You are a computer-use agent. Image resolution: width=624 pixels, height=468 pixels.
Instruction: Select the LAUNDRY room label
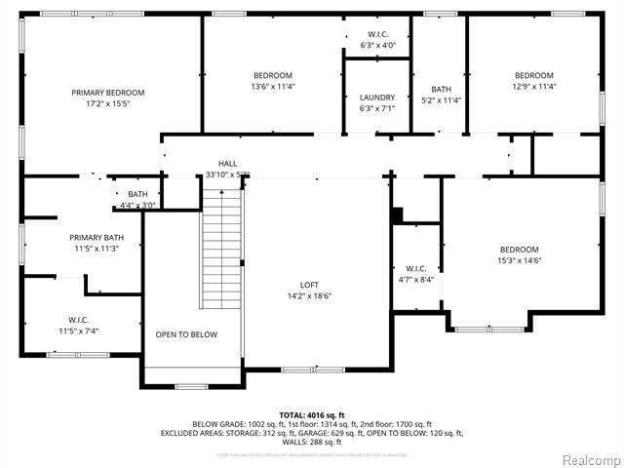[x=377, y=97]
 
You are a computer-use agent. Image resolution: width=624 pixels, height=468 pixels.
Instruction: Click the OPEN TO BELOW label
[x=186, y=334]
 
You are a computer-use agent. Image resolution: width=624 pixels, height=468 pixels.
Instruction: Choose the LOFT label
[x=310, y=285]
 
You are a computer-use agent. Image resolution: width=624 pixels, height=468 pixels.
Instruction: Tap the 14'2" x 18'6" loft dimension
[x=310, y=296]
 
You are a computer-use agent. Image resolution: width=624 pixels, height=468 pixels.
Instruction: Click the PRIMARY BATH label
[x=97, y=238]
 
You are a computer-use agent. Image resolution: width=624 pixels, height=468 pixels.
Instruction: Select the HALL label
[x=227, y=164]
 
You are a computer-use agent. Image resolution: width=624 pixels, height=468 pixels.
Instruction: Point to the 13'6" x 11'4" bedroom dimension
[x=273, y=86]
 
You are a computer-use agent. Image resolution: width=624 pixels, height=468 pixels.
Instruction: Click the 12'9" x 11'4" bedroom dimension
[x=534, y=86]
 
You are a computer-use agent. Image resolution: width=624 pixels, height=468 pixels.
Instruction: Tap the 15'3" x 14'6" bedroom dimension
[x=520, y=259]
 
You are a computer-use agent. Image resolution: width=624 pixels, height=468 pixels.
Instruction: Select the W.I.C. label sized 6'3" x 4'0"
[x=377, y=34]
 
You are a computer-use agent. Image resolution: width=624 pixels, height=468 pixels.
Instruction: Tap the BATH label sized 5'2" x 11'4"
[x=442, y=89]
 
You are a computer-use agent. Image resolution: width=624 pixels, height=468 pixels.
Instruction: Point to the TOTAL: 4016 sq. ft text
[x=311, y=415]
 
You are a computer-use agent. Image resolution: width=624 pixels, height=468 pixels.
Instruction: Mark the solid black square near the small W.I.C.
[x=397, y=215]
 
